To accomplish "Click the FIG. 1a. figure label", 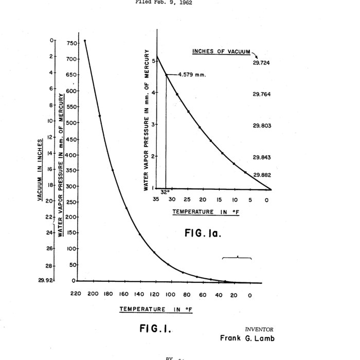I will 203,233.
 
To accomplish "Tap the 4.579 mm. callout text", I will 192,75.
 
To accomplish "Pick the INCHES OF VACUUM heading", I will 221,51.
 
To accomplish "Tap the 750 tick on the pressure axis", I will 71,43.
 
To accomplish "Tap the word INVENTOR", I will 260,329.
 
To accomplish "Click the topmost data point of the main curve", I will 85,41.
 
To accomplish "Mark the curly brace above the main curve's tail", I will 237,257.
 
